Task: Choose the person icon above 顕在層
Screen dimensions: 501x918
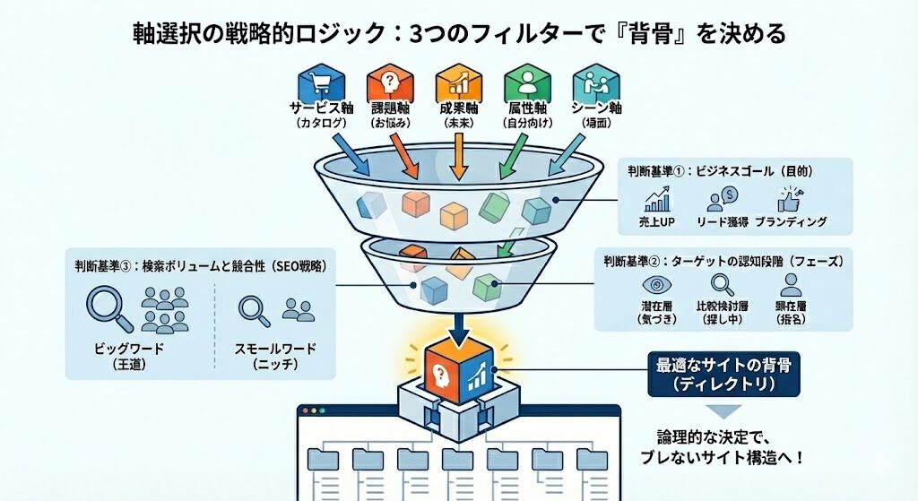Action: point(789,286)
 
